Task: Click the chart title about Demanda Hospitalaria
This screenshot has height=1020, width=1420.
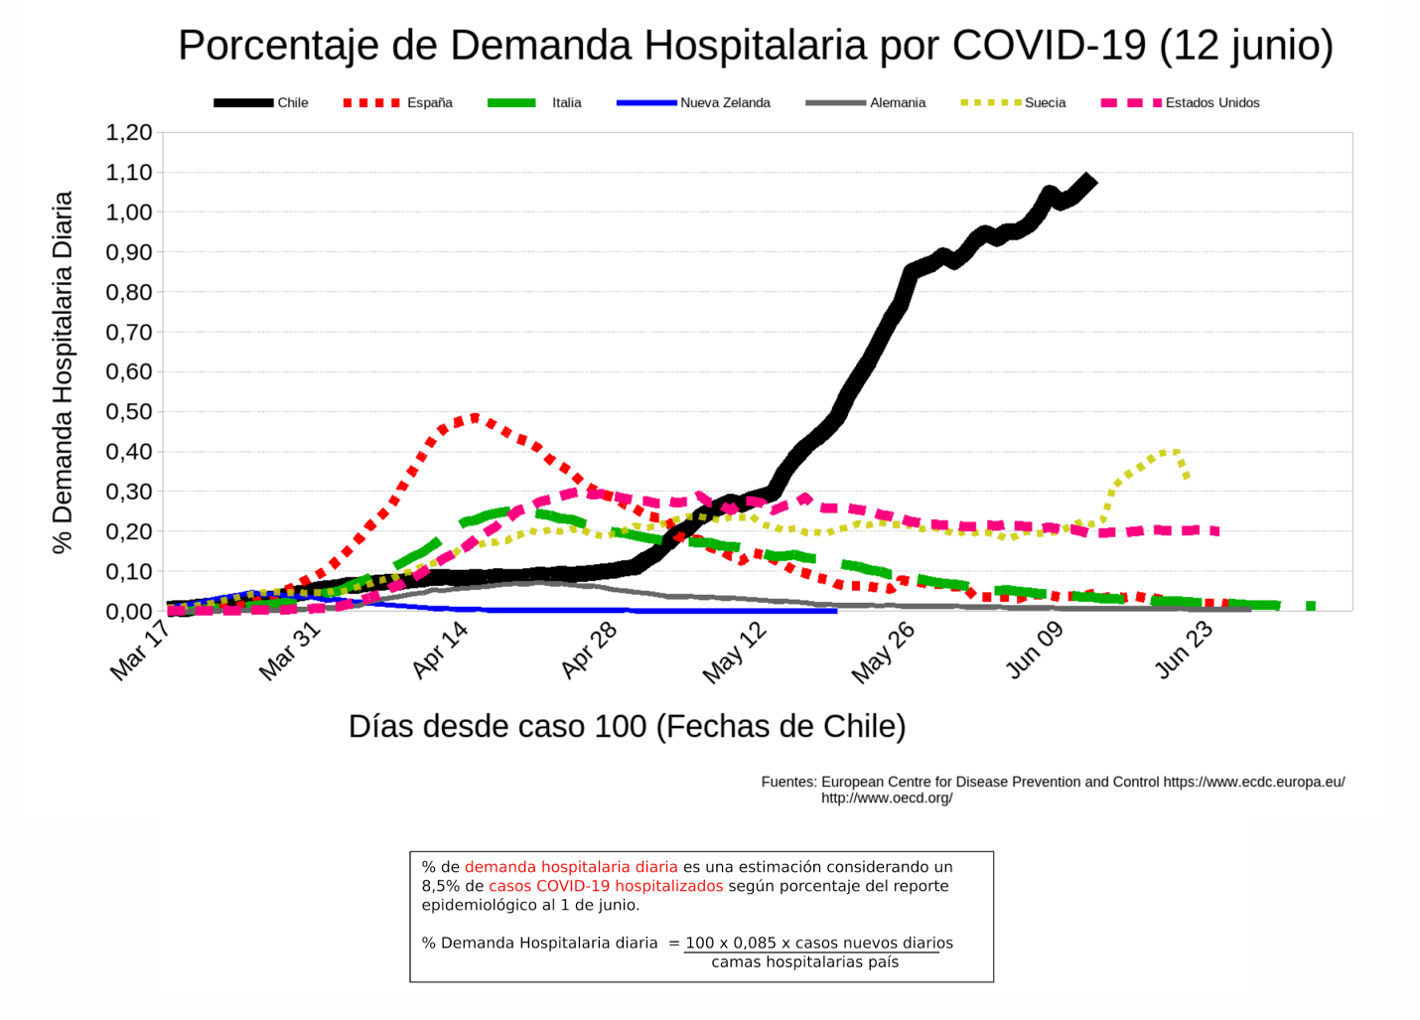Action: click(x=755, y=46)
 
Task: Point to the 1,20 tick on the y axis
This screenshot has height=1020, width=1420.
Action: click(x=129, y=133)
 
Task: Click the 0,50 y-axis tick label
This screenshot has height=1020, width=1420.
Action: click(x=129, y=411)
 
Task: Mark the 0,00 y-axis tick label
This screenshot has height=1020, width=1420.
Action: click(x=129, y=611)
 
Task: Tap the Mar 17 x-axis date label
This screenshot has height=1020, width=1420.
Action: click(x=140, y=652)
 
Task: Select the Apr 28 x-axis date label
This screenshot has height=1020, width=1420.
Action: click(x=589, y=652)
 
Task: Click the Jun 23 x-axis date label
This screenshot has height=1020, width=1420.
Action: click(x=1184, y=652)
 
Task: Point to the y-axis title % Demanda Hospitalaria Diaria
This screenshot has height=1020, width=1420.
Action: click(x=63, y=372)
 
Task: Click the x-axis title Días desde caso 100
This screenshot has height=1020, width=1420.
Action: click(x=627, y=726)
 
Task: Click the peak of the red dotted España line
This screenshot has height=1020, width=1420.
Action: click(x=475, y=418)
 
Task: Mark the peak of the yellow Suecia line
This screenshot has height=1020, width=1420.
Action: click(x=1175, y=452)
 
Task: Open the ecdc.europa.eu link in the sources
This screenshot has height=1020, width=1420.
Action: click(x=1253, y=782)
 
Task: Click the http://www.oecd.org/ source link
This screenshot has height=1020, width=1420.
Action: click(x=887, y=798)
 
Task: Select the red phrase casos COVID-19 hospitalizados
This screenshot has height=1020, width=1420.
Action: click(x=606, y=886)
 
